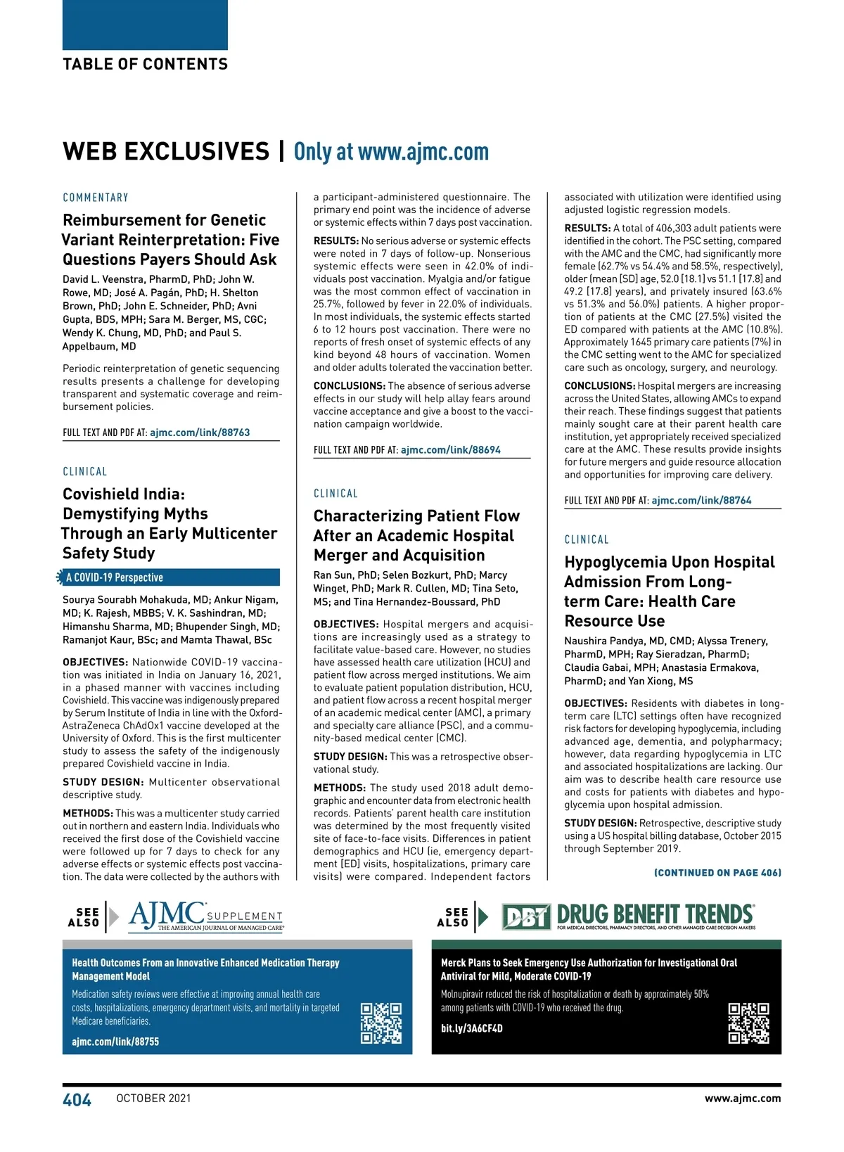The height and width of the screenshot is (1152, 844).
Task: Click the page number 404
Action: [x=77, y=1100]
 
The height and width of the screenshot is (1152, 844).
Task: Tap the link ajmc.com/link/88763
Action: [x=200, y=433]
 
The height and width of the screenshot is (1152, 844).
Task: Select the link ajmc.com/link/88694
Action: [x=451, y=450]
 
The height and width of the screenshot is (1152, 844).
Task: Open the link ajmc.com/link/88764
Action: [x=701, y=501]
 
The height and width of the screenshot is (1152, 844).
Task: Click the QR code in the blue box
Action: [x=381, y=1023]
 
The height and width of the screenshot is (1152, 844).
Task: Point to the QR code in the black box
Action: [x=748, y=1023]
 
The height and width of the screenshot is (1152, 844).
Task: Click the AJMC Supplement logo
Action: [x=205, y=917]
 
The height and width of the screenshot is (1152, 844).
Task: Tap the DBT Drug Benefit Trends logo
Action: [x=629, y=916]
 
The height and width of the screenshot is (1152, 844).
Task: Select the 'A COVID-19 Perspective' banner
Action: [x=169, y=577]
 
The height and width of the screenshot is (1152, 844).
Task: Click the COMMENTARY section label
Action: [x=96, y=198]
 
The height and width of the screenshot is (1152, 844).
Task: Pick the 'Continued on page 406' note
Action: [x=717, y=873]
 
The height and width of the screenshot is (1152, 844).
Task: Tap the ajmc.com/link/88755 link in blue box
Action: [x=115, y=1042]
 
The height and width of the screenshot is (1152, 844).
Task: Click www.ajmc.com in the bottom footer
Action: [x=743, y=1099]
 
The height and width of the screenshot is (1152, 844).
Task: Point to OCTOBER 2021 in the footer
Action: [x=153, y=1099]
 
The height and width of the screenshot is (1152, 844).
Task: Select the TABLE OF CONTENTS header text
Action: [x=145, y=65]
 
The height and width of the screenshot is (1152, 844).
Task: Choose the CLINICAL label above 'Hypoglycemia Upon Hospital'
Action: [x=587, y=539]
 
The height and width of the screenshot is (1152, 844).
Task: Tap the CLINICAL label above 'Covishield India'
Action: [x=85, y=472]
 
